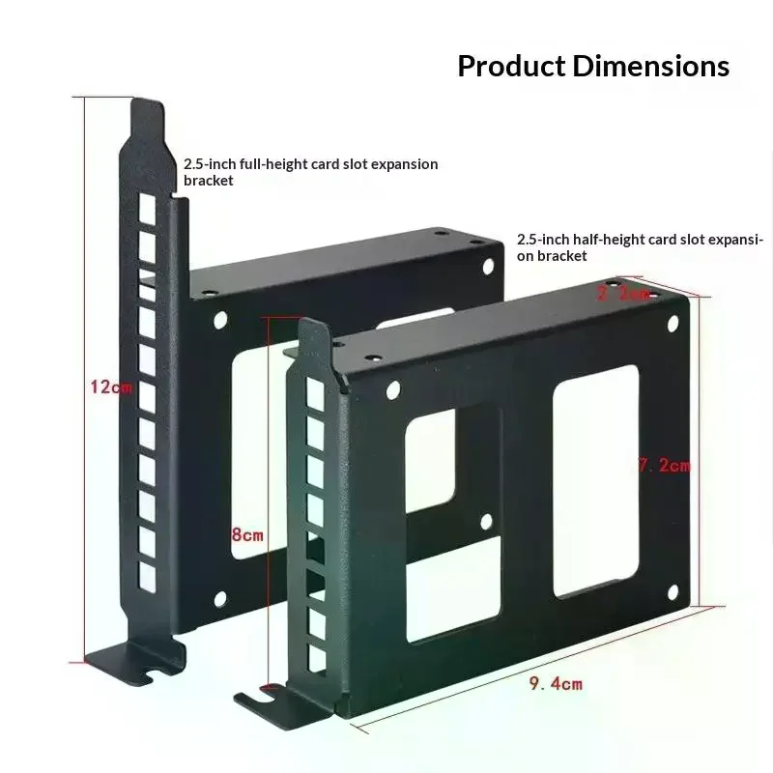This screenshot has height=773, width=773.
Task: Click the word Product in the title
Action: click(x=511, y=67)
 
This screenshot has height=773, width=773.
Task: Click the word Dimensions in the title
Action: click(x=651, y=67)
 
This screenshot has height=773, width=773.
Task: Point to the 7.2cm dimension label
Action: click(x=664, y=466)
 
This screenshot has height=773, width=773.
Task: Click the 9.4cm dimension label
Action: click(x=556, y=684)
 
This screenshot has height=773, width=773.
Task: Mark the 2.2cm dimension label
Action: click(x=623, y=294)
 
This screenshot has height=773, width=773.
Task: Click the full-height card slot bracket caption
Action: click(x=310, y=172)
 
